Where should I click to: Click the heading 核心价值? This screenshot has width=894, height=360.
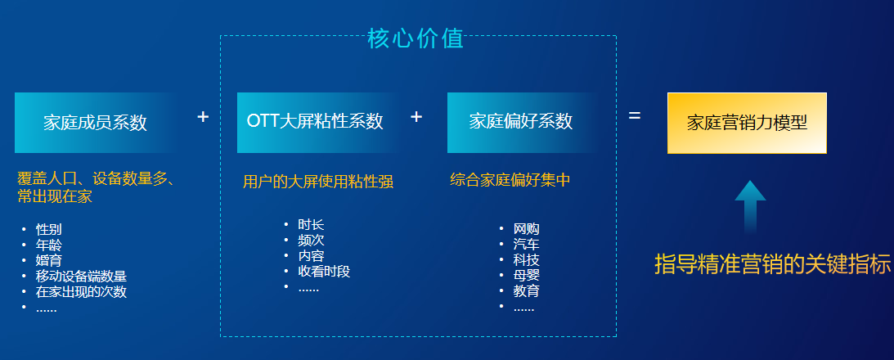click(416, 38)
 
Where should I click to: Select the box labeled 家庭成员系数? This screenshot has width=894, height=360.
click(95, 123)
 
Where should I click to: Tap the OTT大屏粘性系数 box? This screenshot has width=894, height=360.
click(317, 123)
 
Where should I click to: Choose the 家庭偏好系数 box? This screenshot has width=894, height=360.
click(523, 123)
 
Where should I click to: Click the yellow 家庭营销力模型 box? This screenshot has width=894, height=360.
click(747, 124)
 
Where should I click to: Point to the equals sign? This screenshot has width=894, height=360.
click(635, 116)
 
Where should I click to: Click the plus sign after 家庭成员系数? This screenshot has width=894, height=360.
click(203, 117)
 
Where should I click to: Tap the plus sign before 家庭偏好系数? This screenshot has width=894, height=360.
click(416, 117)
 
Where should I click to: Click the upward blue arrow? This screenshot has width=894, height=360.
click(750, 206)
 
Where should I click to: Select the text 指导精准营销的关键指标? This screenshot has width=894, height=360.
click(773, 265)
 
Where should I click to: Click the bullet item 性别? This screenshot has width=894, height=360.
click(49, 230)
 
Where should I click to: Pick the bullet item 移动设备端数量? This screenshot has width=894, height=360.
click(81, 277)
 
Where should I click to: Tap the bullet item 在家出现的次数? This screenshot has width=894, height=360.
click(81, 292)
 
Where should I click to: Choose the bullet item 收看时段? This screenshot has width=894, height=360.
click(324, 272)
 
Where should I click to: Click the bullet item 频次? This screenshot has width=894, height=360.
click(311, 241)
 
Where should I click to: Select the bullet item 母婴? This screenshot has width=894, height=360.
click(526, 276)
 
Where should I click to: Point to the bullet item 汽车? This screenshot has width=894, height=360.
click(526, 245)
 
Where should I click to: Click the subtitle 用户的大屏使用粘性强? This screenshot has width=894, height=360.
click(318, 182)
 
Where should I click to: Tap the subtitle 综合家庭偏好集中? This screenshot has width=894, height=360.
click(510, 180)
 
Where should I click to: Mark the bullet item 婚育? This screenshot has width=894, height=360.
click(49, 261)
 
